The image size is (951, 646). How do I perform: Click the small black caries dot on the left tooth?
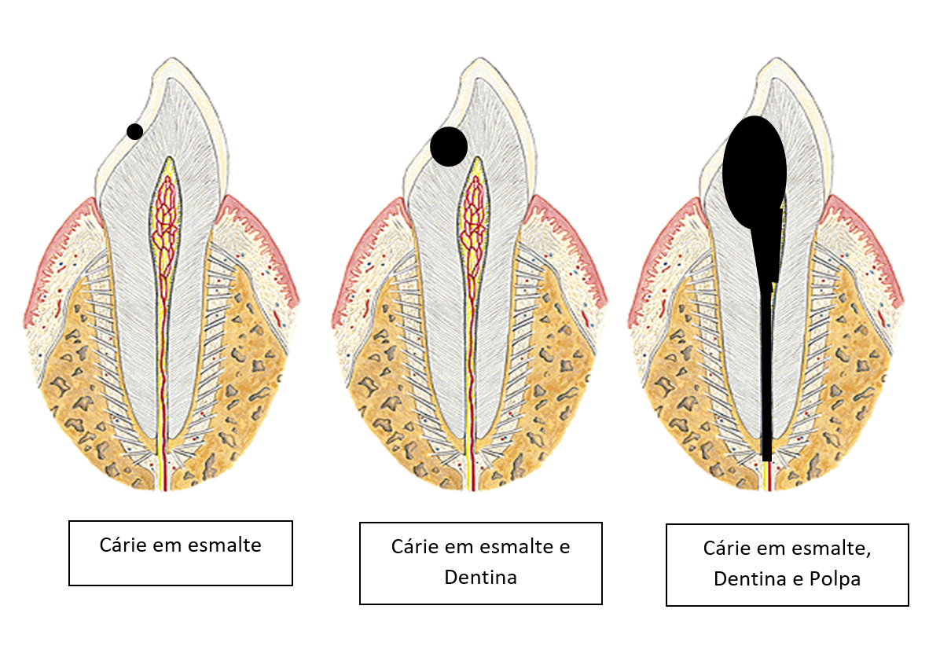[x=134, y=131]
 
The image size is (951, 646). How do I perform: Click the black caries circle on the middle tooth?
[x=449, y=146]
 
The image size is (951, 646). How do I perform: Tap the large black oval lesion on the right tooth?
[x=755, y=172]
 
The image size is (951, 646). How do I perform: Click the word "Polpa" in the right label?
[x=835, y=579]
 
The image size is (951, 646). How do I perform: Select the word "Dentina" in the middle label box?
[x=480, y=578]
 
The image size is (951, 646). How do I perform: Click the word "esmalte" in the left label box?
[x=225, y=545]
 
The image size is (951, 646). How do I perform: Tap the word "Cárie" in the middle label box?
[x=415, y=547]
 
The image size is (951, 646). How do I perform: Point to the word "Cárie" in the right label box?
[x=727, y=548]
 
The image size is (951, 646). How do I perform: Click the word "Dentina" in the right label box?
[x=750, y=579]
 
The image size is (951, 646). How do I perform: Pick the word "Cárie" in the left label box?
[x=123, y=545]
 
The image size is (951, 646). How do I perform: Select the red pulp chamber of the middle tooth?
[x=475, y=221]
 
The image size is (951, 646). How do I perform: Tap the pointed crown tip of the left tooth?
[x=172, y=58]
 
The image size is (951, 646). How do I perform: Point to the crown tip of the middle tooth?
[x=480, y=58]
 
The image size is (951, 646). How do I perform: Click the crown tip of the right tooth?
[x=777, y=58]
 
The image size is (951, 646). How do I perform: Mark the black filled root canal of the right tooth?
[x=766, y=361]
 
